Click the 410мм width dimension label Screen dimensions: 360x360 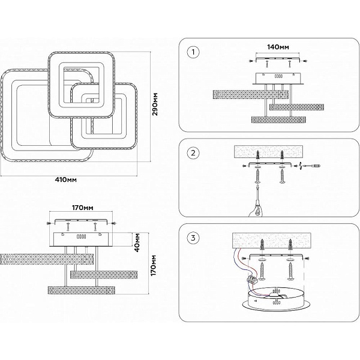click(65, 179)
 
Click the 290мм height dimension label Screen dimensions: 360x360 click(155, 104)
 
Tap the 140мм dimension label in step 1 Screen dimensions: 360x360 click(278, 47)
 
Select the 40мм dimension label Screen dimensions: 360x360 click(137, 242)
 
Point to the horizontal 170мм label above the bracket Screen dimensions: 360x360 click(83, 208)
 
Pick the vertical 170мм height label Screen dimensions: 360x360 click(154, 265)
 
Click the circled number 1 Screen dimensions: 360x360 click(193, 52)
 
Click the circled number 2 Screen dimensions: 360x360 click(193, 152)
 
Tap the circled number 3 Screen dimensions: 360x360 click(193, 238)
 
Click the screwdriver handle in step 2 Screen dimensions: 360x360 click(257, 210)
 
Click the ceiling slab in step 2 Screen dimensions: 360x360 click(267, 152)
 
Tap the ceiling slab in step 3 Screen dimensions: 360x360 click(272, 241)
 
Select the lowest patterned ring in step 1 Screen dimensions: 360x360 click(279, 119)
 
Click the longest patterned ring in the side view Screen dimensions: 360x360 click(47, 259)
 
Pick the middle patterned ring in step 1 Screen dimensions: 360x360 click(296, 107)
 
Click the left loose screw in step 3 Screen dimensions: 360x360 click(262, 271)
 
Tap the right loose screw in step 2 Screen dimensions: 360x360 click(282, 176)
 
